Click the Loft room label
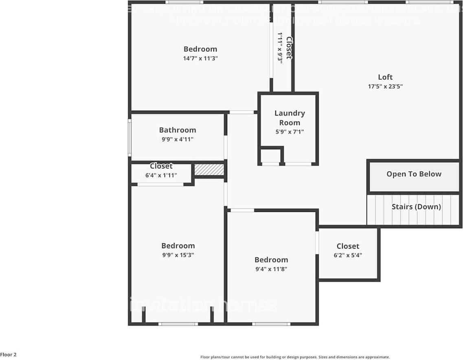(385, 77)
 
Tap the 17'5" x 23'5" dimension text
(385, 86)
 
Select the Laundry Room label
(290, 118)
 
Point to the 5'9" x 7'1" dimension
(290, 132)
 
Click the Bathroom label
(178, 130)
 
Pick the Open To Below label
(414, 174)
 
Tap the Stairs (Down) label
(416, 207)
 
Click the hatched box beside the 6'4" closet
(209, 170)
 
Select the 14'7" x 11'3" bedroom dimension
(200, 58)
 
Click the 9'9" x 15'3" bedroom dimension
(178, 255)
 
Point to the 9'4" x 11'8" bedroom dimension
(271, 269)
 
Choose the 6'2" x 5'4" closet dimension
(348, 255)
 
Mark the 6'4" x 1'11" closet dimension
(161, 176)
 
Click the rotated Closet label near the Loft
(289, 48)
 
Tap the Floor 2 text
(9, 355)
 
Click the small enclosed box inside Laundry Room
(270, 156)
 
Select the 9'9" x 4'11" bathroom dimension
(178, 139)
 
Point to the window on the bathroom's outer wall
(130, 137)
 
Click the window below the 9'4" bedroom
(271, 324)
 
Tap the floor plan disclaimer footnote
(295, 357)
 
